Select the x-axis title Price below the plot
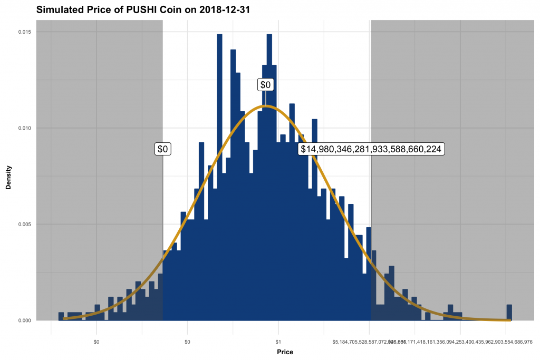[x=284, y=352]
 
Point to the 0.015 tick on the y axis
[x=24, y=32]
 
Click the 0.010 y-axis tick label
[x=24, y=128]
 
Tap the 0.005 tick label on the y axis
[x=24, y=224]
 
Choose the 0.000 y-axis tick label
[x=24, y=320]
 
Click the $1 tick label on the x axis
[x=278, y=342]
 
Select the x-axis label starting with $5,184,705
[x=364, y=342]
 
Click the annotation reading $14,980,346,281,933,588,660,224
[x=371, y=149]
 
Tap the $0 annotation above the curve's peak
[x=266, y=84]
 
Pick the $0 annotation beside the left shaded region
[x=162, y=149]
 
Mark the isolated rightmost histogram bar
[x=509, y=313]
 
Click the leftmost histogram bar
[x=61, y=316]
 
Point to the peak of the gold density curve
[x=266, y=106]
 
